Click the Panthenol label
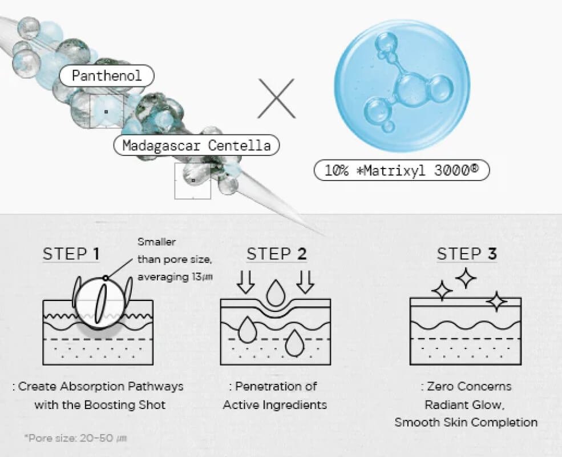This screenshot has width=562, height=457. (107, 76)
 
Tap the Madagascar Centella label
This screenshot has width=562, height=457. (197, 145)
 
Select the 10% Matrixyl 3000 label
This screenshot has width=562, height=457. (402, 171)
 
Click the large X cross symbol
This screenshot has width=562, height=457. (276, 99)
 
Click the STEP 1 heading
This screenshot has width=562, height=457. (71, 254)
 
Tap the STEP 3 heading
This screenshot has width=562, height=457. (466, 254)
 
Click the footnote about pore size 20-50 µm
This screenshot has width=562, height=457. (75, 439)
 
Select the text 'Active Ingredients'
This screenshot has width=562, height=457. (275, 405)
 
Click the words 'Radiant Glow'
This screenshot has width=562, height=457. (466, 405)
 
